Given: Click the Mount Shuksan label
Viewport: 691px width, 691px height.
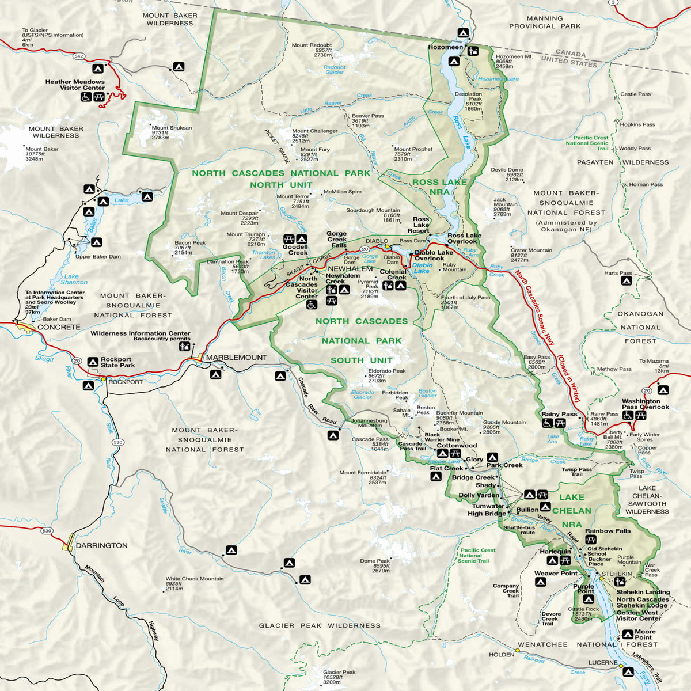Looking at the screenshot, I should tap(172, 128).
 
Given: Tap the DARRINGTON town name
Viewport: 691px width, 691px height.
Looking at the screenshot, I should tap(101, 545).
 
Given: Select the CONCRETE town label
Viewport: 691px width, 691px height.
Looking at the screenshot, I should tap(59, 327).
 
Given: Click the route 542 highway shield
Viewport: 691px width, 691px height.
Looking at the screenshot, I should tap(79, 56).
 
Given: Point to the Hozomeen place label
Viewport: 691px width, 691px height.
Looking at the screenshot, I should tap(445, 47).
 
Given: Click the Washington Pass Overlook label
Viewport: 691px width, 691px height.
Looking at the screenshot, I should tap(645, 404).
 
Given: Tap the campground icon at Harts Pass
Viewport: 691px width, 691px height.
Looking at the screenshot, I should tap(626, 281).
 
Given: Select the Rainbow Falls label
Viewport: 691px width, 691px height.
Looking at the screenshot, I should tap(608, 531).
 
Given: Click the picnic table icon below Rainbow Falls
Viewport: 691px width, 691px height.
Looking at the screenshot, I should tap(590, 540).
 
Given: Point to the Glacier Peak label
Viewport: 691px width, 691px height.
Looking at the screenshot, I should tap(339, 672).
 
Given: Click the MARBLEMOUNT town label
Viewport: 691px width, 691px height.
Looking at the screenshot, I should tap(237, 358).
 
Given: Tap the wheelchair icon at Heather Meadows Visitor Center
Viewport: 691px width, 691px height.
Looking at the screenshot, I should tap(86, 97).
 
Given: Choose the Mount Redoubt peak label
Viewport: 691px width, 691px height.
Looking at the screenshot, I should tap(312, 45).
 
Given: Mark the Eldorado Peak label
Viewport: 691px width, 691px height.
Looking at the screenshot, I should tap(387, 371).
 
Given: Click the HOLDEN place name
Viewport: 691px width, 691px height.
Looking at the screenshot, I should tap(501, 655).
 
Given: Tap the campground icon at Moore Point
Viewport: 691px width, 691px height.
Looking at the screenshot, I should tap(627, 635).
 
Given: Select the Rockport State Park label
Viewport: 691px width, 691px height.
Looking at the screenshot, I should tap(117, 362).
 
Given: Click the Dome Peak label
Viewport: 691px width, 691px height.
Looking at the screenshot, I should tap(375, 561).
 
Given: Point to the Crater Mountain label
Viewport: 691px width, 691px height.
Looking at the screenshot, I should tap(531, 250).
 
